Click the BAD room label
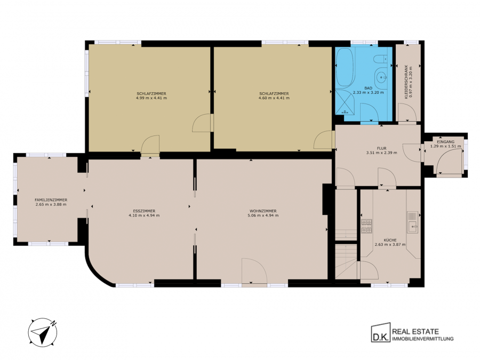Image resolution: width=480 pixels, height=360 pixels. point(368,88)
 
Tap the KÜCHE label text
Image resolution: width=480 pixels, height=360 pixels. point(390,241)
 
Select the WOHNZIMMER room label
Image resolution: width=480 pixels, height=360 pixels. point(263,211)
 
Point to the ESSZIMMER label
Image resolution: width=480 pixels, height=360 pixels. point(144,211)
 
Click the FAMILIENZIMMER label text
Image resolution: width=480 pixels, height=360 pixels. point(51,200)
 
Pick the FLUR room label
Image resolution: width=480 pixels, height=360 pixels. point(382,148)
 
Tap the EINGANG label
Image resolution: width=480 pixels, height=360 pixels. point(446,142)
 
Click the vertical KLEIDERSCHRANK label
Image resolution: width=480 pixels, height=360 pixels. point(406,82)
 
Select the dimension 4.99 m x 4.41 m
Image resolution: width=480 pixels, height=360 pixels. point(151,98)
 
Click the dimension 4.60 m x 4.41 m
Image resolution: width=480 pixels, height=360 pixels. point(274,98)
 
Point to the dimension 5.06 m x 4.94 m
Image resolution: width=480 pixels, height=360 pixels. point(263,215)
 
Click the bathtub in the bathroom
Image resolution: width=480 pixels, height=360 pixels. point(345,67)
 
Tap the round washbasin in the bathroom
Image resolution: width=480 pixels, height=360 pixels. point(381,76)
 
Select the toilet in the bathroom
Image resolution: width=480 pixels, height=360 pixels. point(381,58)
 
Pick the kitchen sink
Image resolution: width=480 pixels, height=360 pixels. point(413,222)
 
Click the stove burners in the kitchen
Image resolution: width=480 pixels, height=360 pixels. point(366,226)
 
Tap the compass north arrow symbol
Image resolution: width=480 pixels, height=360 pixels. point(43,333)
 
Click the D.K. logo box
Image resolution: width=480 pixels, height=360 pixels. point(381,333)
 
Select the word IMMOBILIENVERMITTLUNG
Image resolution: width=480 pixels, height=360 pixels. point(423,339)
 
